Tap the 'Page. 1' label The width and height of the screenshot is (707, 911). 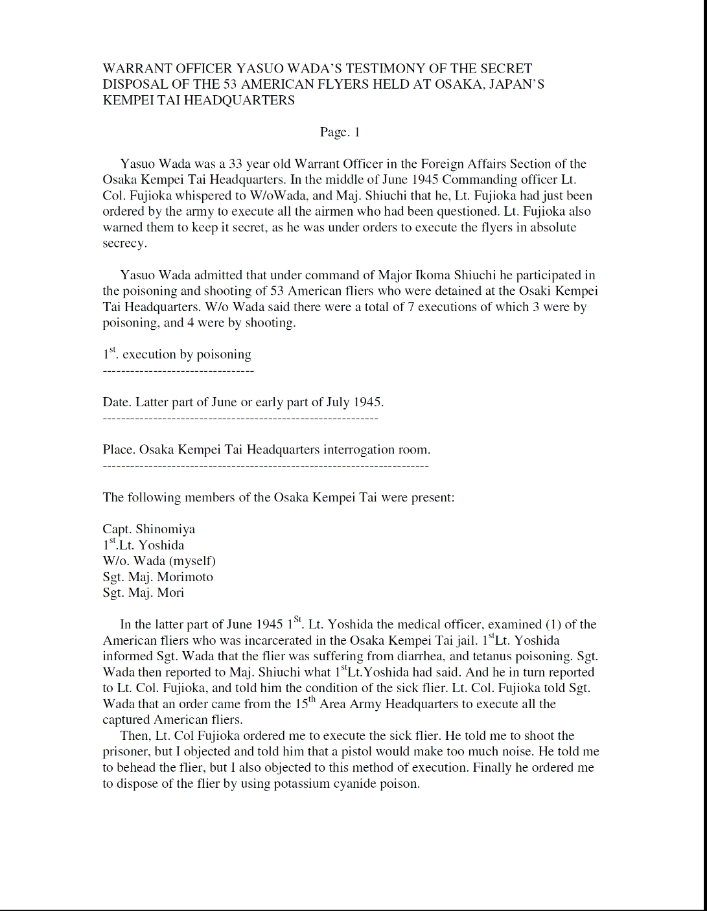coord(340,132)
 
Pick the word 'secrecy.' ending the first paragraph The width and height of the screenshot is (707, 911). coord(125,243)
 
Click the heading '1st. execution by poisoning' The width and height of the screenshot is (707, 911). coord(177,354)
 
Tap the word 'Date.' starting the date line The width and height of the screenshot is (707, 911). coord(117,402)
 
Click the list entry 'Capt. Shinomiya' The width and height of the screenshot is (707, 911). coord(149,529)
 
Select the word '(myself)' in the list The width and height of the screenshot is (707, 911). coord(192,561)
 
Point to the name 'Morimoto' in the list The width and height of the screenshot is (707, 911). coord(186,577)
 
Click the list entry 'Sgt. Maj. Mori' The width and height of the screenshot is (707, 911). coord(143,592)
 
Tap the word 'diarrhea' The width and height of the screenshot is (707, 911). coord(433,656)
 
